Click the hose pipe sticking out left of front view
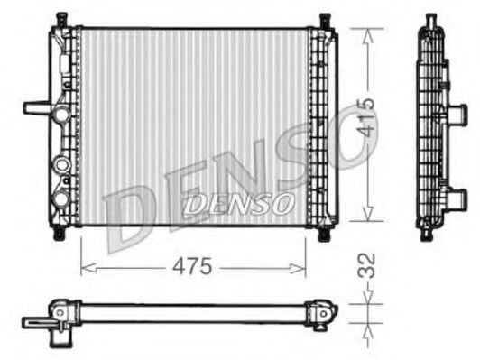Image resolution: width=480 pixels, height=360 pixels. [x=36, y=108]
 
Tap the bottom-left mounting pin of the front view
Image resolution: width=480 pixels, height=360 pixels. [x=60, y=232]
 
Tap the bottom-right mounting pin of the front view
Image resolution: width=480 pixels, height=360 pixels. [x=323, y=233]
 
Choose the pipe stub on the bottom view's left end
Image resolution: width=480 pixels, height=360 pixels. [x=36, y=319]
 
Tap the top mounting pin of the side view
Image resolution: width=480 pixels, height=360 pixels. [x=430, y=19]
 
